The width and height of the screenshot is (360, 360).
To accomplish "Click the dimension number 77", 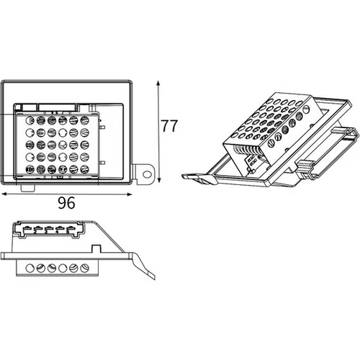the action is [x=169, y=125].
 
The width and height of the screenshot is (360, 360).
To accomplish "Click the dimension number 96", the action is [x=66, y=202].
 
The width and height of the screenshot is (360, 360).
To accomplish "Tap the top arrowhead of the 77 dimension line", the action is [x=158, y=84].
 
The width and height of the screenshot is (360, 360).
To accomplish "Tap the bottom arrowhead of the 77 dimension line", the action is [x=158, y=180].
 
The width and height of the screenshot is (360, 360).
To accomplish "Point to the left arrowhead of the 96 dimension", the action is [x=4, y=194].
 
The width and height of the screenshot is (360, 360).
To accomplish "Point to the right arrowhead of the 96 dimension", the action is [x=130, y=194].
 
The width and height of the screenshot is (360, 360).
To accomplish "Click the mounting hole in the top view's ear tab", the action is [x=146, y=174].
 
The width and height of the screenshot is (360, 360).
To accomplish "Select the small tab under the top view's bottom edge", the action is [x=28, y=188].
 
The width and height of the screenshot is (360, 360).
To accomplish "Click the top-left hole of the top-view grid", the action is [x=30, y=120].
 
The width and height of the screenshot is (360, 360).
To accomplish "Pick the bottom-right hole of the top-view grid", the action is [x=84, y=169].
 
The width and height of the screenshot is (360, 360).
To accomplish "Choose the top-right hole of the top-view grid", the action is [x=84, y=120].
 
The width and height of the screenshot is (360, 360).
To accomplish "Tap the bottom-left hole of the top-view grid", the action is [x=30, y=169].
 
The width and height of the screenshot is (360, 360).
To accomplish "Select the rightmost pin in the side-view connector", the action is [x=71, y=228].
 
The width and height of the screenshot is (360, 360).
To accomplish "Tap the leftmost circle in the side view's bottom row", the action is [x=30, y=268].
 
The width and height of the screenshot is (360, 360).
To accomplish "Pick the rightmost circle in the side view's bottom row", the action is [x=84, y=268].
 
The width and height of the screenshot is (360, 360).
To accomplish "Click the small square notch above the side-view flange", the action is [x=96, y=248].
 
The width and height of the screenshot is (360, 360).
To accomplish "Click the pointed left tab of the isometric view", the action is [x=186, y=176].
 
